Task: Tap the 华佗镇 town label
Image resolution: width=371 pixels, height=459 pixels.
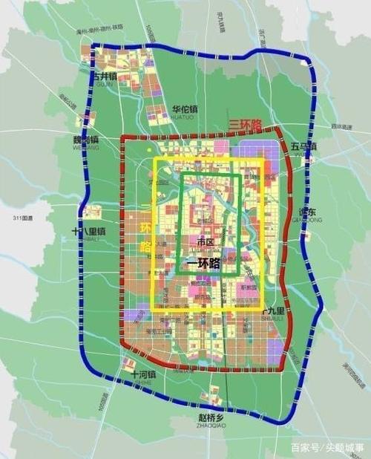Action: (185, 108)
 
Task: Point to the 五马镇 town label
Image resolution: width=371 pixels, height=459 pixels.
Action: (303, 146)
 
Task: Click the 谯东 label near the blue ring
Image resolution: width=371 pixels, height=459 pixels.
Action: (307, 212)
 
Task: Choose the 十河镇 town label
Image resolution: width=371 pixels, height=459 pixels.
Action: (142, 376)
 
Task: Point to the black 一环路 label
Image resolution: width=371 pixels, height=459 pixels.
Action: (201, 262)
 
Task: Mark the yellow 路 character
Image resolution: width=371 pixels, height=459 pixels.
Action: (145, 245)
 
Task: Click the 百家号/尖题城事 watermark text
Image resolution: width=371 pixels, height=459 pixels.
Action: (326, 448)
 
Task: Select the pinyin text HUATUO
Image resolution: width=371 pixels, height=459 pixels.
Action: (183, 117)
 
